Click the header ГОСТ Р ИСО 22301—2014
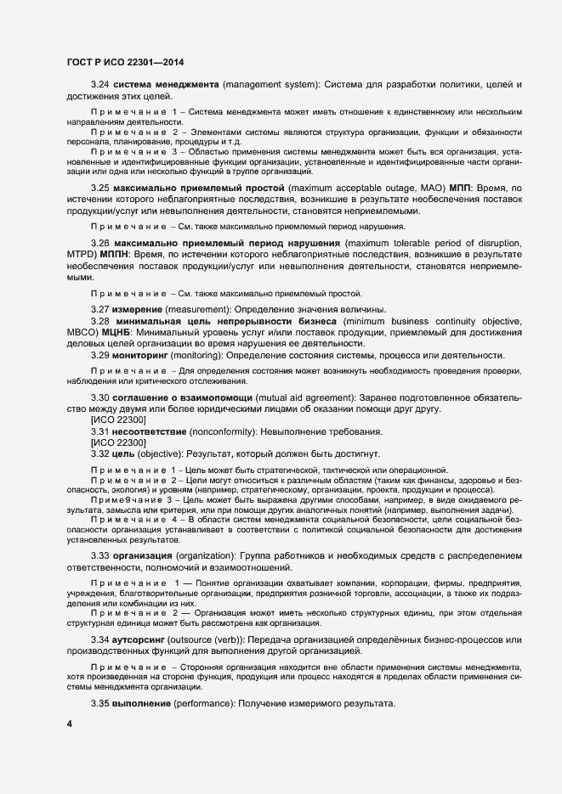(125, 62)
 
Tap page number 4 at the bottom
(69, 724)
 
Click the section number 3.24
(100, 86)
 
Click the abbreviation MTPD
(82, 255)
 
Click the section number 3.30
(100, 398)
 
